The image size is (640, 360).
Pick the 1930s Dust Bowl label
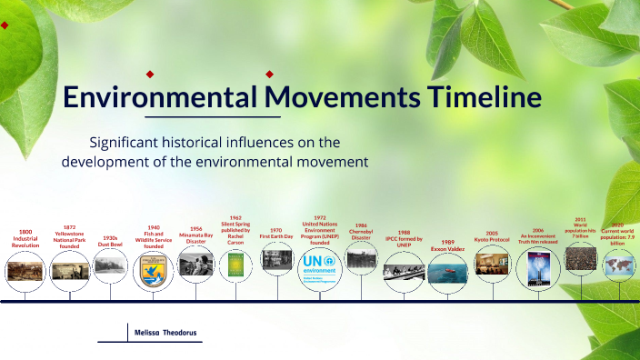click(110, 240)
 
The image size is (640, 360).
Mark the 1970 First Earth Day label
click(276, 234)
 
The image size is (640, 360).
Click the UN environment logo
click(319, 265)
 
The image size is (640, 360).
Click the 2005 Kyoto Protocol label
click(492, 236)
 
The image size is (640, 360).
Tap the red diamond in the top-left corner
click(5, 25)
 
